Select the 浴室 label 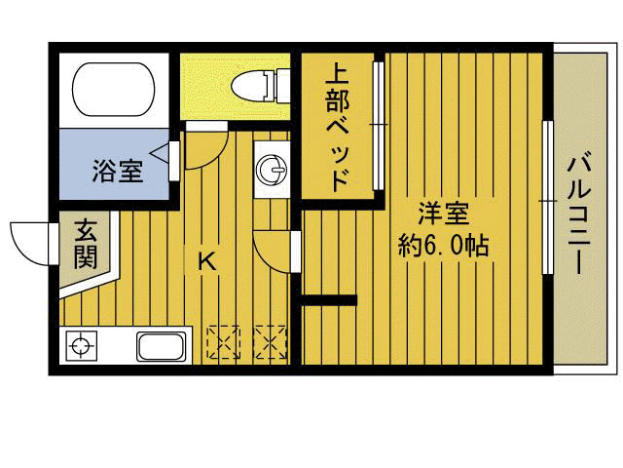click(118, 171)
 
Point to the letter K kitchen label click(206, 261)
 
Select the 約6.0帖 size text click(443, 245)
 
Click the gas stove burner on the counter click(81, 345)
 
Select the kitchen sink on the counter click(163, 346)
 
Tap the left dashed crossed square click(223, 342)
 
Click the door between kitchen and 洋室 click(275, 249)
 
